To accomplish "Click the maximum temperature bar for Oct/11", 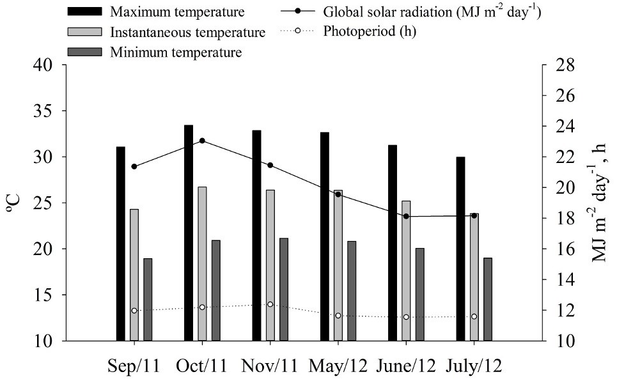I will pos(189,233).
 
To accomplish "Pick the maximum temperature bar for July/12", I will pos(460,249).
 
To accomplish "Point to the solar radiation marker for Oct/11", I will pos(202,141).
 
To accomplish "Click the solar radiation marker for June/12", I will pos(406,217).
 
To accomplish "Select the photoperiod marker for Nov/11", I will pos(270,304).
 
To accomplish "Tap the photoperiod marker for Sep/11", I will pos(134,311).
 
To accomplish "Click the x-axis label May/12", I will pos(338,366).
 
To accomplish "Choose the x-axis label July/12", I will pos(474,366).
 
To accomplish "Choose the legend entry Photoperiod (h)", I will pos(370,31).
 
